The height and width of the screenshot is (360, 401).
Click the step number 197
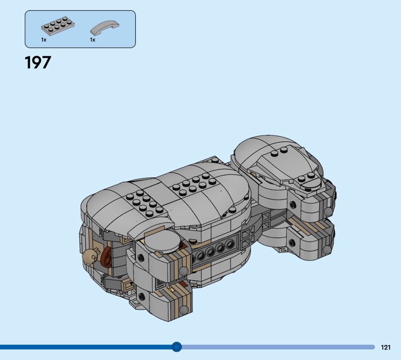(38, 63)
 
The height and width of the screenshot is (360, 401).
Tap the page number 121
(385, 347)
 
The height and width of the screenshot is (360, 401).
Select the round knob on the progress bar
(176, 347)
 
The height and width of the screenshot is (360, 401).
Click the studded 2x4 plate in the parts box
(58, 26)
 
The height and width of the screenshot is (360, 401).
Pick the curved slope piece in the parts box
(105, 28)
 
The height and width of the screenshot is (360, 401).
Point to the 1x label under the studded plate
(44, 40)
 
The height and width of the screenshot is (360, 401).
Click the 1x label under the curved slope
(93, 40)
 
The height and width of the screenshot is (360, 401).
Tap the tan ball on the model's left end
(89, 256)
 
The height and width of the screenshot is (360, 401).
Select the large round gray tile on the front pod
(162, 244)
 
